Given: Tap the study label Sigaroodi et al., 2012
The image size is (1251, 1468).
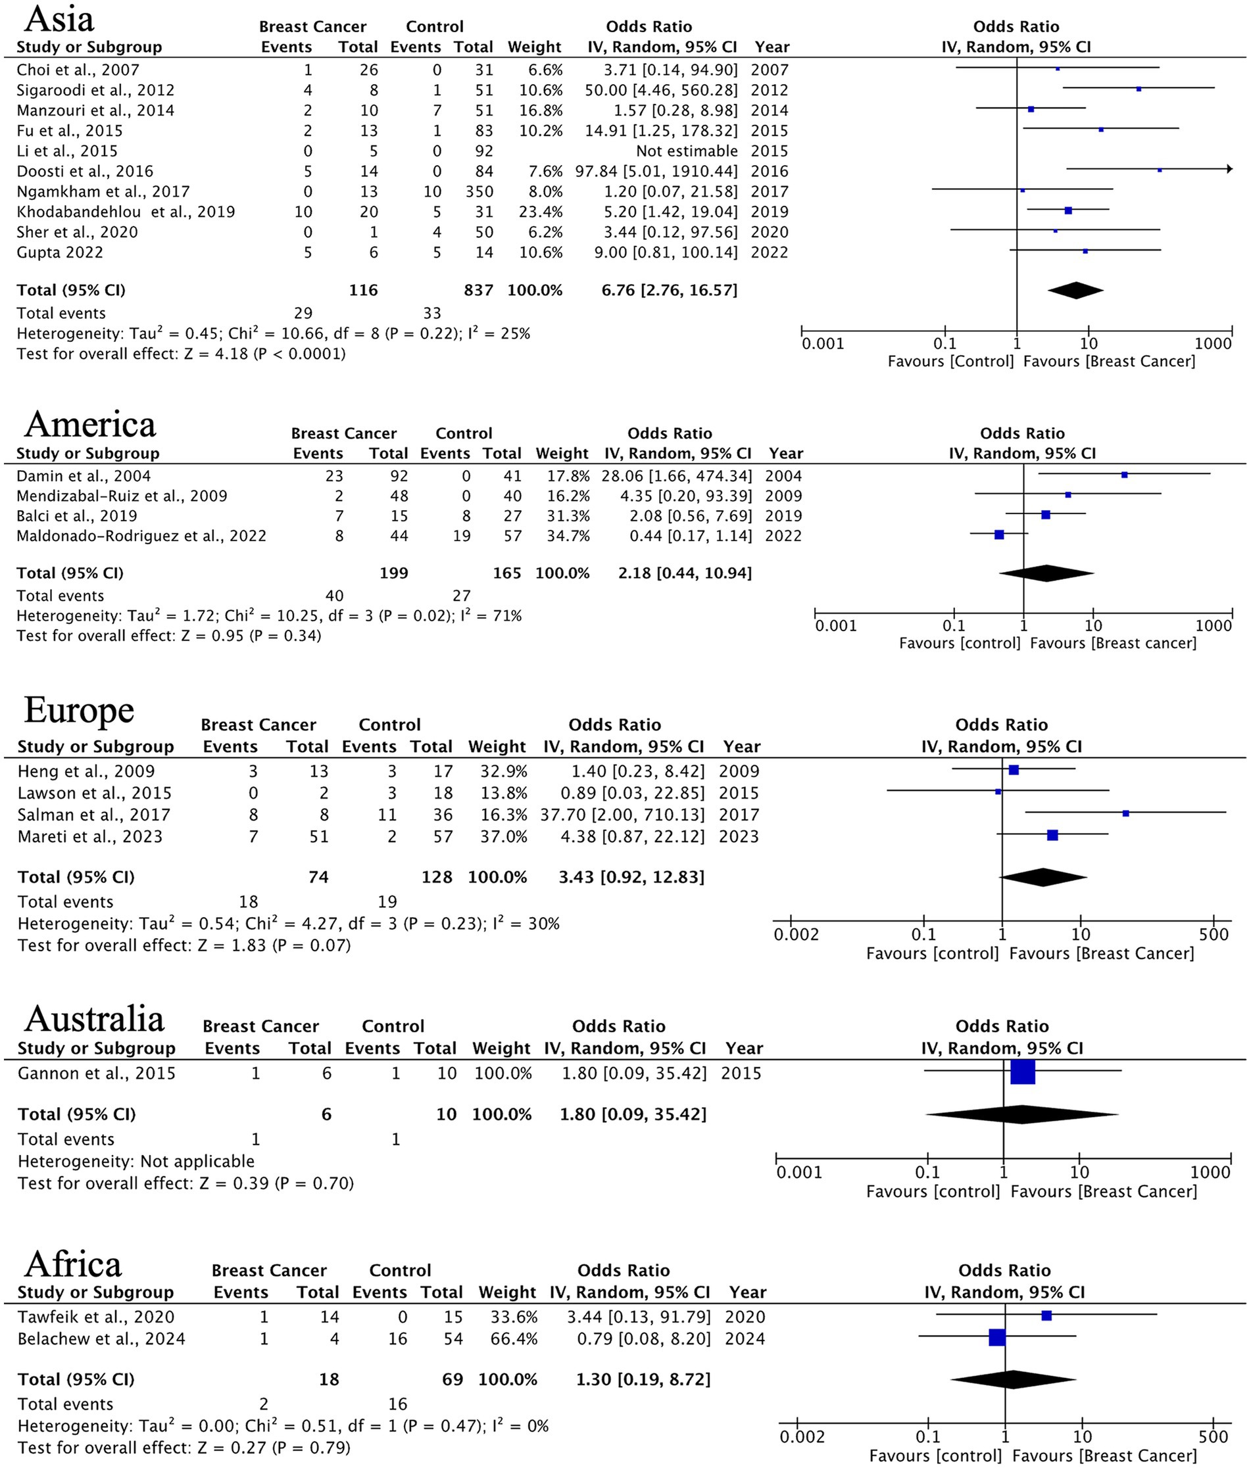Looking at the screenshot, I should pyautogui.click(x=95, y=90).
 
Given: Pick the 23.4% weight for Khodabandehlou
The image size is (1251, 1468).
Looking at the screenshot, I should pyautogui.click(x=541, y=212).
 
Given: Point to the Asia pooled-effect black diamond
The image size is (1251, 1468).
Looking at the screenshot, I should pyautogui.click(x=1075, y=290).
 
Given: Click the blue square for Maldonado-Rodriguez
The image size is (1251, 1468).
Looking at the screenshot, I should pyautogui.click(x=999, y=535).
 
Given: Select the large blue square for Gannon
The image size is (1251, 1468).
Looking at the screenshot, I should pyautogui.click(x=1022, y=1072).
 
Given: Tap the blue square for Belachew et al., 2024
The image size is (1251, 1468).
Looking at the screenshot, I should pyautogui.click(x=996, y=1338).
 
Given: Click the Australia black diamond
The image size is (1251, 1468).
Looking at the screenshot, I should pyautogui.click(x=1022, y=1114).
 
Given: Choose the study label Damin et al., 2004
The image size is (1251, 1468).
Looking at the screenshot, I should pyautogui.click(x=84, y=476).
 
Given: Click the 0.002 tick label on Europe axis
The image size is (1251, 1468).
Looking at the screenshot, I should pyautogui.click(x=796, y=934).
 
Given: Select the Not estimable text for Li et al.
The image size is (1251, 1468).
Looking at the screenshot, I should pyautogui.click(x=686, y=151).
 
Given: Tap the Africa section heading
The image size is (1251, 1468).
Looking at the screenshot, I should pyautogui.click(x=73, y=1264).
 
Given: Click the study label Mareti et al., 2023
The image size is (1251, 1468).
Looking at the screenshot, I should pyautogui.click(x=90, y=837).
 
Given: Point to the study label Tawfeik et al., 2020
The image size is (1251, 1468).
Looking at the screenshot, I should pyautogui.click(x=95, y=1316).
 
